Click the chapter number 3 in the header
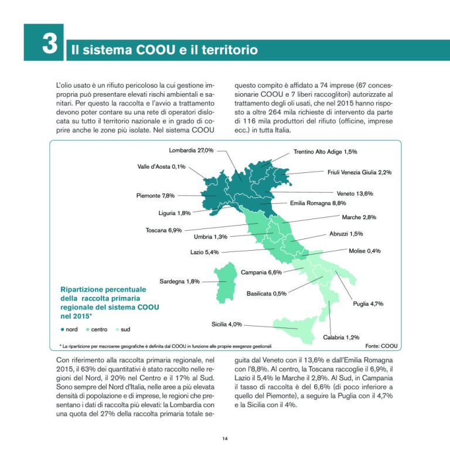point(49,43)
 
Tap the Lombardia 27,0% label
point(191,150)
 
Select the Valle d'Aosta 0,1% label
point(161,166)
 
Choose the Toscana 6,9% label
point(163,230)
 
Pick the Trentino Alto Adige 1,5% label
point(325,152)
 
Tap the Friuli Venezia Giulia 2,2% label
point(359,172)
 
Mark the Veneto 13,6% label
point(355,193)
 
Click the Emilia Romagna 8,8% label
point(319,203)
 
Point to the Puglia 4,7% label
point(368,304)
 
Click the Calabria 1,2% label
point(341,337)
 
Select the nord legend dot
point(63,329)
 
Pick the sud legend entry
point(121,329)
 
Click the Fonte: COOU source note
point(381,346)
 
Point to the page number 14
point(225,438)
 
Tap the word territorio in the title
point(226,50)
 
